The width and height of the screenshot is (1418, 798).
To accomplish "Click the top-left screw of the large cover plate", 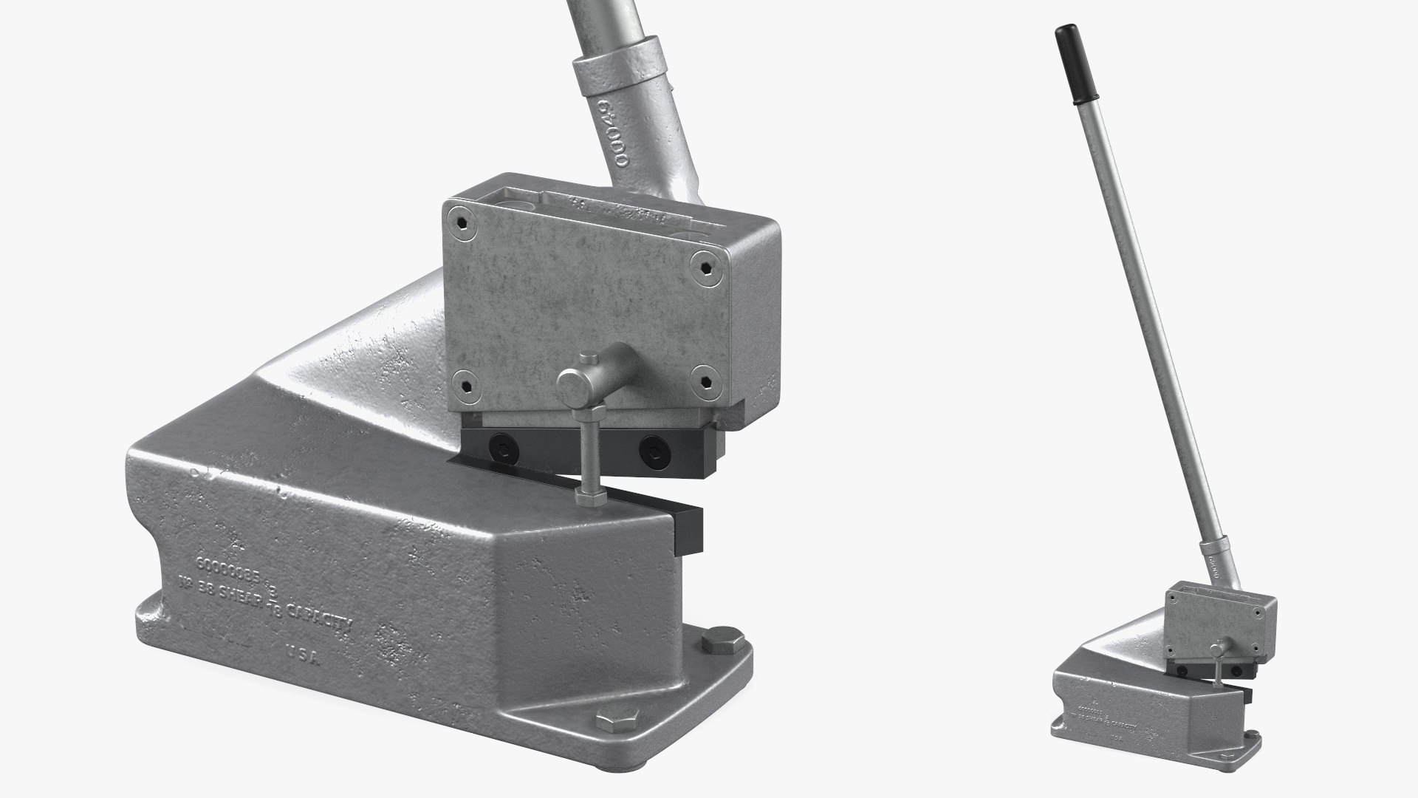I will coord(462,220).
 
